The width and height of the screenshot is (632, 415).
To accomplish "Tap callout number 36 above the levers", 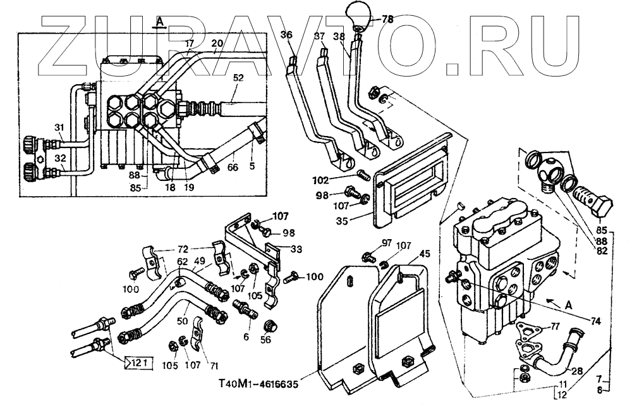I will click(x=287, y=35).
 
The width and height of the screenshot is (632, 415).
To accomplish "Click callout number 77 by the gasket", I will click(x=554, y=326).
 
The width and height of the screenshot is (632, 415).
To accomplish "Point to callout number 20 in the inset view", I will click(x=217, y=44).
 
